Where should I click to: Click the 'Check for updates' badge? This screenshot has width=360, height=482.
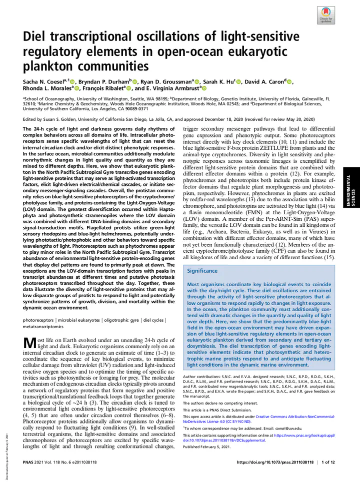click(x=325, y=15)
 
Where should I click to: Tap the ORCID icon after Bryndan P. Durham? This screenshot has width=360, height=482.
click(x=134, y=82)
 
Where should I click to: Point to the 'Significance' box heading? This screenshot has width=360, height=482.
click(x=202, y=271)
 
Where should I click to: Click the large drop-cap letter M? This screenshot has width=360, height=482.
click(x=29, y=344)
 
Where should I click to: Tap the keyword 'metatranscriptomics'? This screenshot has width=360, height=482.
click(x=43, y=326)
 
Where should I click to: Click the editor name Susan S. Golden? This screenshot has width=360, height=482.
click(x=69, y=119)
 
